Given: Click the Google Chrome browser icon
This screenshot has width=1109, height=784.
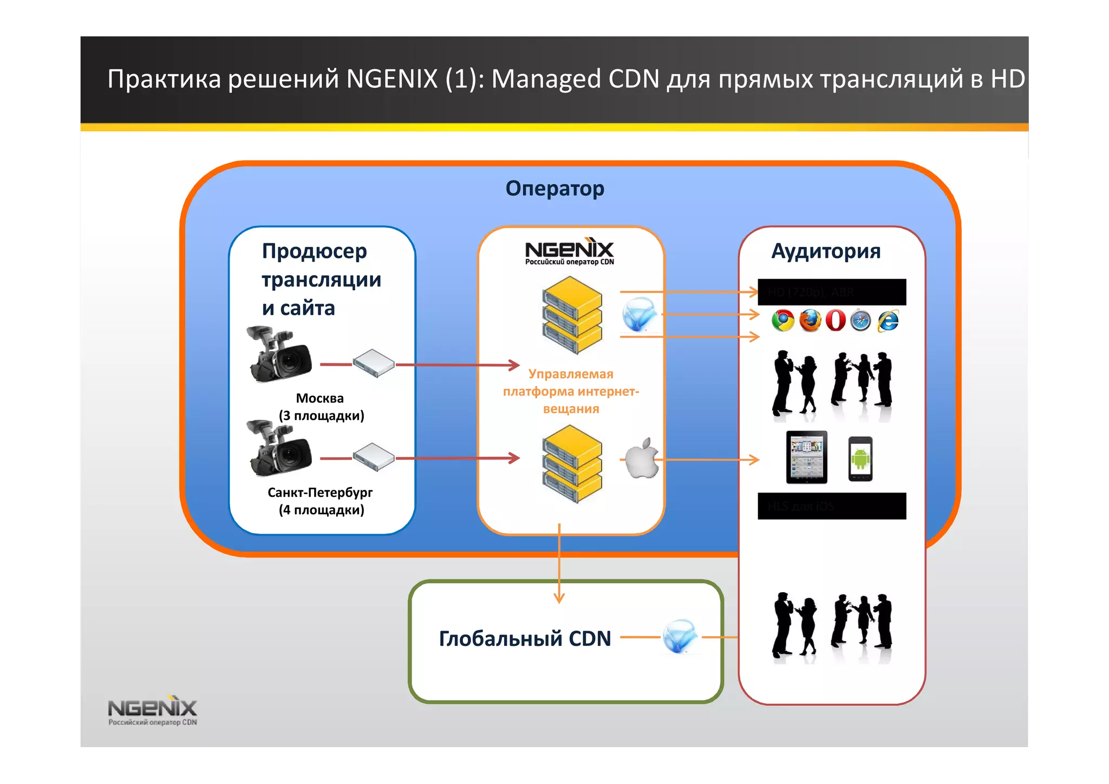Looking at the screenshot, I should [782, 321].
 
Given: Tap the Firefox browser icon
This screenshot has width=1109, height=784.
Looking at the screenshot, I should [810, 321].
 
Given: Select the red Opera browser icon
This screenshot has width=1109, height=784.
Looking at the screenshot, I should [836, 320].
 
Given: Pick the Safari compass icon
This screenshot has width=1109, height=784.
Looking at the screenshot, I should [860, 321].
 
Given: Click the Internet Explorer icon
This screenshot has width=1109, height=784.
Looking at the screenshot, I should [888, 321].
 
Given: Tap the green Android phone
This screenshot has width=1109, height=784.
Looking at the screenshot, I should [860, 459].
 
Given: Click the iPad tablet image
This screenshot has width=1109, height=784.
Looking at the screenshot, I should [807, 457].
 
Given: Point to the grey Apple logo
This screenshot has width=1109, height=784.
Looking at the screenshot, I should [642, 458].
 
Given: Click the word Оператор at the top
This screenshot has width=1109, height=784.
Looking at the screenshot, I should [554, 189].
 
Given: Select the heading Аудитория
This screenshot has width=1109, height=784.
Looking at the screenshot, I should [826, 251].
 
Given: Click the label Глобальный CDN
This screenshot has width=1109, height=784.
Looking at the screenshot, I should [525, 638].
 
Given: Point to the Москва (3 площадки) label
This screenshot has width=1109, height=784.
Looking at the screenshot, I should [321, 407].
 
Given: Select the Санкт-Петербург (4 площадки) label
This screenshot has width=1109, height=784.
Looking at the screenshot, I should [321, 501].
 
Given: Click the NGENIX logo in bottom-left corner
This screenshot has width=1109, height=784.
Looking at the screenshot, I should [152, 710].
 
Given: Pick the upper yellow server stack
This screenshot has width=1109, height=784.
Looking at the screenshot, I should [572, 315].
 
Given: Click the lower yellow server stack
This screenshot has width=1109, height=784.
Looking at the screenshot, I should [572, 464].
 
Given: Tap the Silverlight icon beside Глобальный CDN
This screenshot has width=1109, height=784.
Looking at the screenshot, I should [680, 636].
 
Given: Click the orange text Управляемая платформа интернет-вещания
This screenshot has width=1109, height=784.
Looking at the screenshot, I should [571, 391].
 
